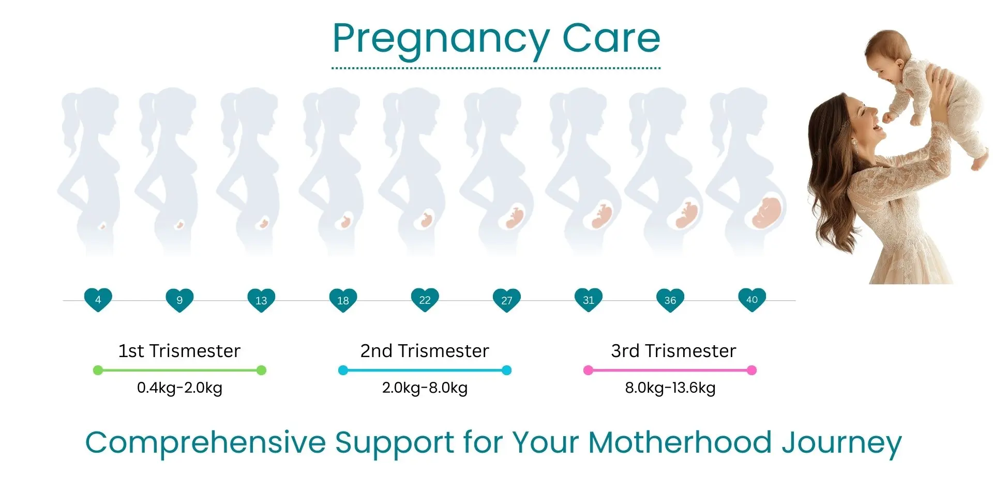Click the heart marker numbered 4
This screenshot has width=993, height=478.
(x=98, y=300)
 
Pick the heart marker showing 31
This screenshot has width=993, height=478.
(x=589, y=300)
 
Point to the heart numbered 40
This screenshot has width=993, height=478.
(x=752, y=300)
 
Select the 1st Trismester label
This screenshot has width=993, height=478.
(x=179, y=351)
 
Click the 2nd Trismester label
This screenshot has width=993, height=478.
(x=425, y=351)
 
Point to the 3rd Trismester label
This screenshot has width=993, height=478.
(x=673, y=351)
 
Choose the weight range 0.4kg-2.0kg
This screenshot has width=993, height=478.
(x=179, y=388)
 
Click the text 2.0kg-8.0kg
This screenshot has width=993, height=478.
(x=425, y=388)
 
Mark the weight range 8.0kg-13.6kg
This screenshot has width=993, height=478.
(x=670, y=388)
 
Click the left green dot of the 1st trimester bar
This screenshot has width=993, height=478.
(x=98, y=370)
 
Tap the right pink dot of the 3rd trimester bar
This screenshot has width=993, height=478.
(x=752, y=370)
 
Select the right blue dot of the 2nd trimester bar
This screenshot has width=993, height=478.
(x=507, y=370)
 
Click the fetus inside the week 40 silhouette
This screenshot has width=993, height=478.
(x=766, y=212)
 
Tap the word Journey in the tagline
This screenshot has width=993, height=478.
(x=842, y=445)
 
